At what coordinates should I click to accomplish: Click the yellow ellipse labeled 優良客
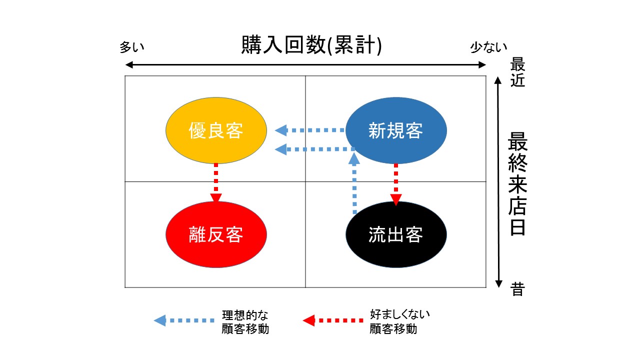tap(216, 130)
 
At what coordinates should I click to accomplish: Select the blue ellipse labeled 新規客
tap(396, 130)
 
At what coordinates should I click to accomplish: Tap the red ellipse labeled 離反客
tap(216, 234)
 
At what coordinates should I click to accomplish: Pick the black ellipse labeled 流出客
tap(396, 234)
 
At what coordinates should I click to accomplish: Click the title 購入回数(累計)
tap(311, 45)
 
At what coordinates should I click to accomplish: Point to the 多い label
tap(131, 47)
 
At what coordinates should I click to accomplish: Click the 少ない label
tap(488, 47)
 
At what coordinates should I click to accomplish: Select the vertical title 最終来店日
tap(517, 183)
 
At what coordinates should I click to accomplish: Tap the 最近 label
tap(517, 72)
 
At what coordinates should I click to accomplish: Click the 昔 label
tap(517, 289)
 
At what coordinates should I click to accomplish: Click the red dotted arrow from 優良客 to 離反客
tap(216, 183)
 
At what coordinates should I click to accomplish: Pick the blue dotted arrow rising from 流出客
tap(354, 183)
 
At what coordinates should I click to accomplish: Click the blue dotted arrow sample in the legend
tap(184, 320)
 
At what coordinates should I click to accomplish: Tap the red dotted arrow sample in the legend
tap(333, 320)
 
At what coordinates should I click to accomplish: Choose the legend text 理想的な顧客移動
tap(245, 322)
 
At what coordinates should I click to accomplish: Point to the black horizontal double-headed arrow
tap(305, 65)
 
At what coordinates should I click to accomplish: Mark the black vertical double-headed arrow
tap(498, 182)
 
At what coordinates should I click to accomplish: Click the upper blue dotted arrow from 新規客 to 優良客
tap(310, 130)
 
